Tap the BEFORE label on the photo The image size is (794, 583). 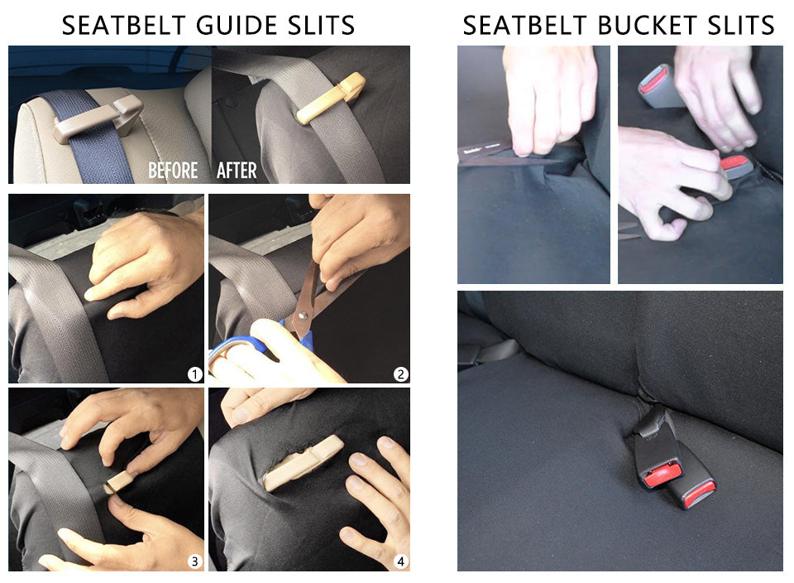click(173, 171)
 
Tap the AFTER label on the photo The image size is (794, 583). click(237, 171)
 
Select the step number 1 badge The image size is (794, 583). click(194, 374)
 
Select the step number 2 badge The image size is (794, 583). click(400, 374)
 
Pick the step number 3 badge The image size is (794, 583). click(194, 561)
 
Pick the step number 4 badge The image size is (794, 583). click(400, 561)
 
